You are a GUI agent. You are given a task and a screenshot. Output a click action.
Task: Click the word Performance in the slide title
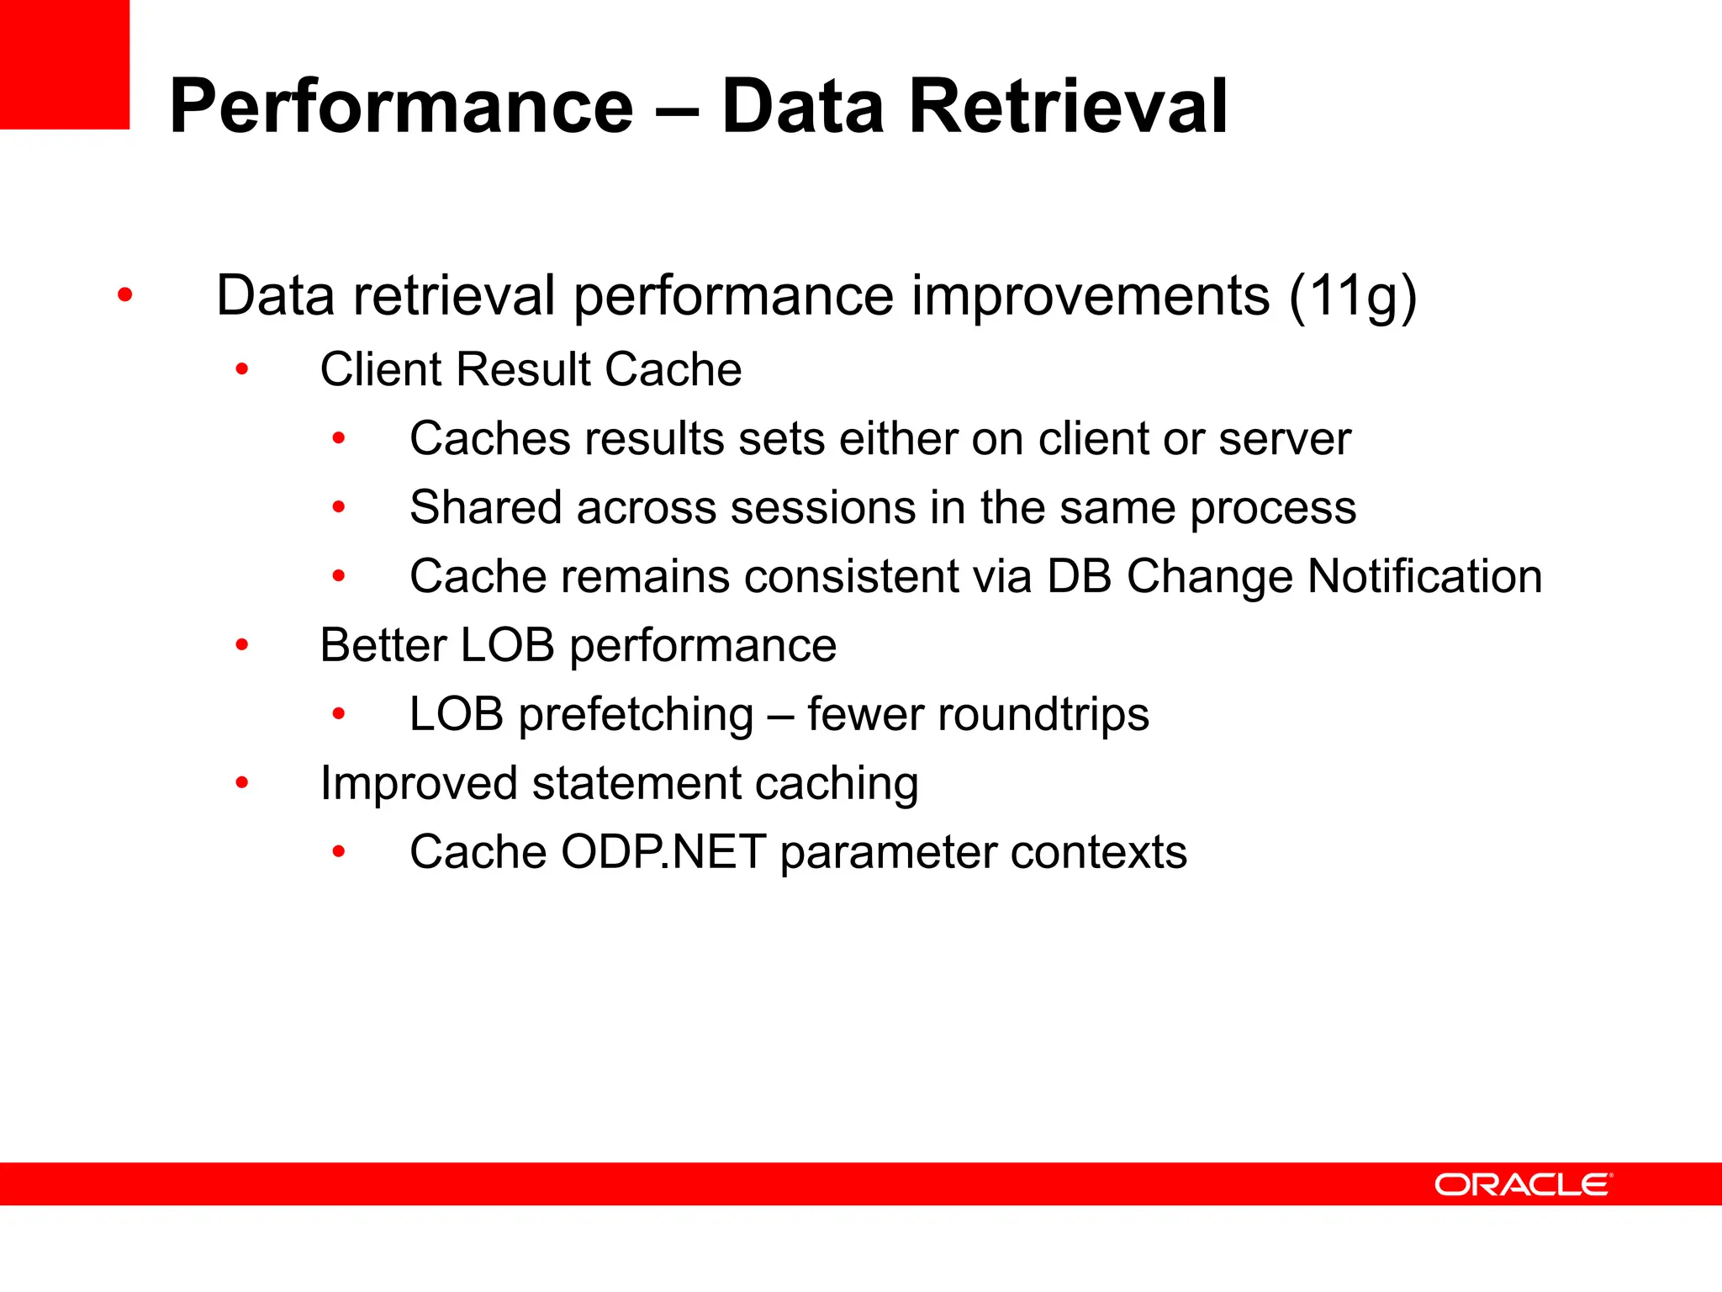401,107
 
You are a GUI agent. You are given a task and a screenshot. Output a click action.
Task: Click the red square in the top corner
64,64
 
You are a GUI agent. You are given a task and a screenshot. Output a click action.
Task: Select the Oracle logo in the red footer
1523,1184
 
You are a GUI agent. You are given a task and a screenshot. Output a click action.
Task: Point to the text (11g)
1352,297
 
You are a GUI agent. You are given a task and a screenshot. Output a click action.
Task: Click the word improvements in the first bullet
1090,297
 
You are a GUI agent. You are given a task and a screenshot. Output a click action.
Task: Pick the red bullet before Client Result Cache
242,369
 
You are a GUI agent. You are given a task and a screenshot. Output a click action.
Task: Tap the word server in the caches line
1285,439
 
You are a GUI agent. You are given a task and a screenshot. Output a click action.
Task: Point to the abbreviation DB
1079,577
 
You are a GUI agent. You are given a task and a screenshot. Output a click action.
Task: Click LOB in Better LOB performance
508,646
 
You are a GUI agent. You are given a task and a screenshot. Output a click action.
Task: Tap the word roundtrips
1043,715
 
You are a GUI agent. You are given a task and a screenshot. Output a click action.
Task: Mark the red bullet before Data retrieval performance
125,295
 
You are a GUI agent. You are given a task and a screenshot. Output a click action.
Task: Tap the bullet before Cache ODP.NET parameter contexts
339,852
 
